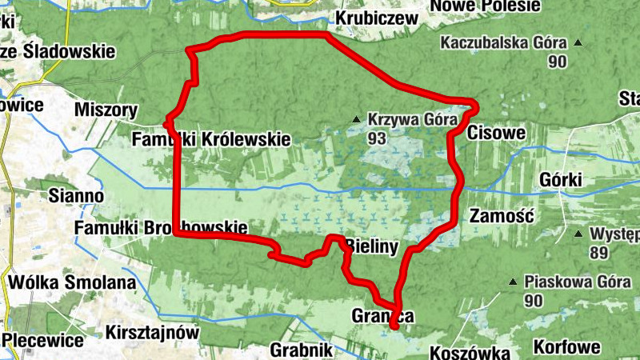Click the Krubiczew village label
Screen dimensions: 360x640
tap(377, 18)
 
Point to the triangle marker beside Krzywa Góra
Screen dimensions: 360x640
tap(356, 121)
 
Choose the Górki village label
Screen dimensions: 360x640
tap(561, 180)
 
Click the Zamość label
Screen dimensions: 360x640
tap(498, 216)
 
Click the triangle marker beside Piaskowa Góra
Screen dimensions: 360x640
tap(513, 282)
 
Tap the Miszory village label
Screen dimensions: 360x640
tap(105, 110)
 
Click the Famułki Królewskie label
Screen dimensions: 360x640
tap(211, 139)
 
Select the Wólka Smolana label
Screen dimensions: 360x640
tap(71, 282)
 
